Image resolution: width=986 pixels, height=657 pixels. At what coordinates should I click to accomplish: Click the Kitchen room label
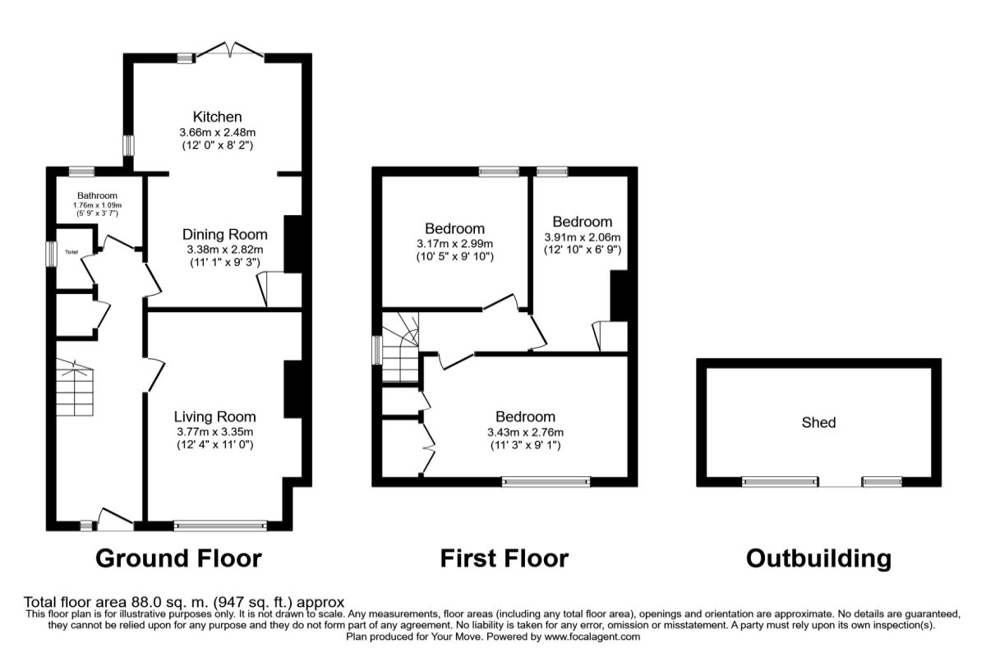218,117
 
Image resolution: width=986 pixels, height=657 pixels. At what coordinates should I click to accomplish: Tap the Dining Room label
225,235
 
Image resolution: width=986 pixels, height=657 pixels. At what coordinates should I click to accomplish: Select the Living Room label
214,416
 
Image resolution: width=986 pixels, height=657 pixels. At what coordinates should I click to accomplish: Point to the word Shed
818,423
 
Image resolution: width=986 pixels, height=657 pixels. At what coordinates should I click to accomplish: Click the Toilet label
71,252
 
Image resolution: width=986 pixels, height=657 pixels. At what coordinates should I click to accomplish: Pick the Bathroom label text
97,195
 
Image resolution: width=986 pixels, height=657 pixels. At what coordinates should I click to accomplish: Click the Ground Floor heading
179,559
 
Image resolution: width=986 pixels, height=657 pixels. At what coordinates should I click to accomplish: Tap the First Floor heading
505,559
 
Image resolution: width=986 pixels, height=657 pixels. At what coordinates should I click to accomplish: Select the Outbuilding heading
818,559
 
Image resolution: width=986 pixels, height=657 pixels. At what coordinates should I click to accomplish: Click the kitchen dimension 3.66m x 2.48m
218,132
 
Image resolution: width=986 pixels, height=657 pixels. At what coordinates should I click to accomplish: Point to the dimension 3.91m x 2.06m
583,237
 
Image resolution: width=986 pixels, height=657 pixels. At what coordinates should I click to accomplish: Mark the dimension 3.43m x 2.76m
525,433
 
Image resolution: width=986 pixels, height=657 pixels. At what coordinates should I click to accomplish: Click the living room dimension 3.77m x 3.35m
214,432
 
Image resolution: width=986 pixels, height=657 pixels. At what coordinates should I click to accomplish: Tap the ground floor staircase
75,388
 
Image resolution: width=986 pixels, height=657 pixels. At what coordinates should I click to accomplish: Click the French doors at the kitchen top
230,50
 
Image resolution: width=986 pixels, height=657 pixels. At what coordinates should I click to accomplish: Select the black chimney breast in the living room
293,389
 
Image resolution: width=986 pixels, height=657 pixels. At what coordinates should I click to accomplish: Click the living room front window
220,526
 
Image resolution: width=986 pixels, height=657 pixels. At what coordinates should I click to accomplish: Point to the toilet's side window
52,254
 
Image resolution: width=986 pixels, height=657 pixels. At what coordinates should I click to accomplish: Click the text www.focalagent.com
592,636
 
